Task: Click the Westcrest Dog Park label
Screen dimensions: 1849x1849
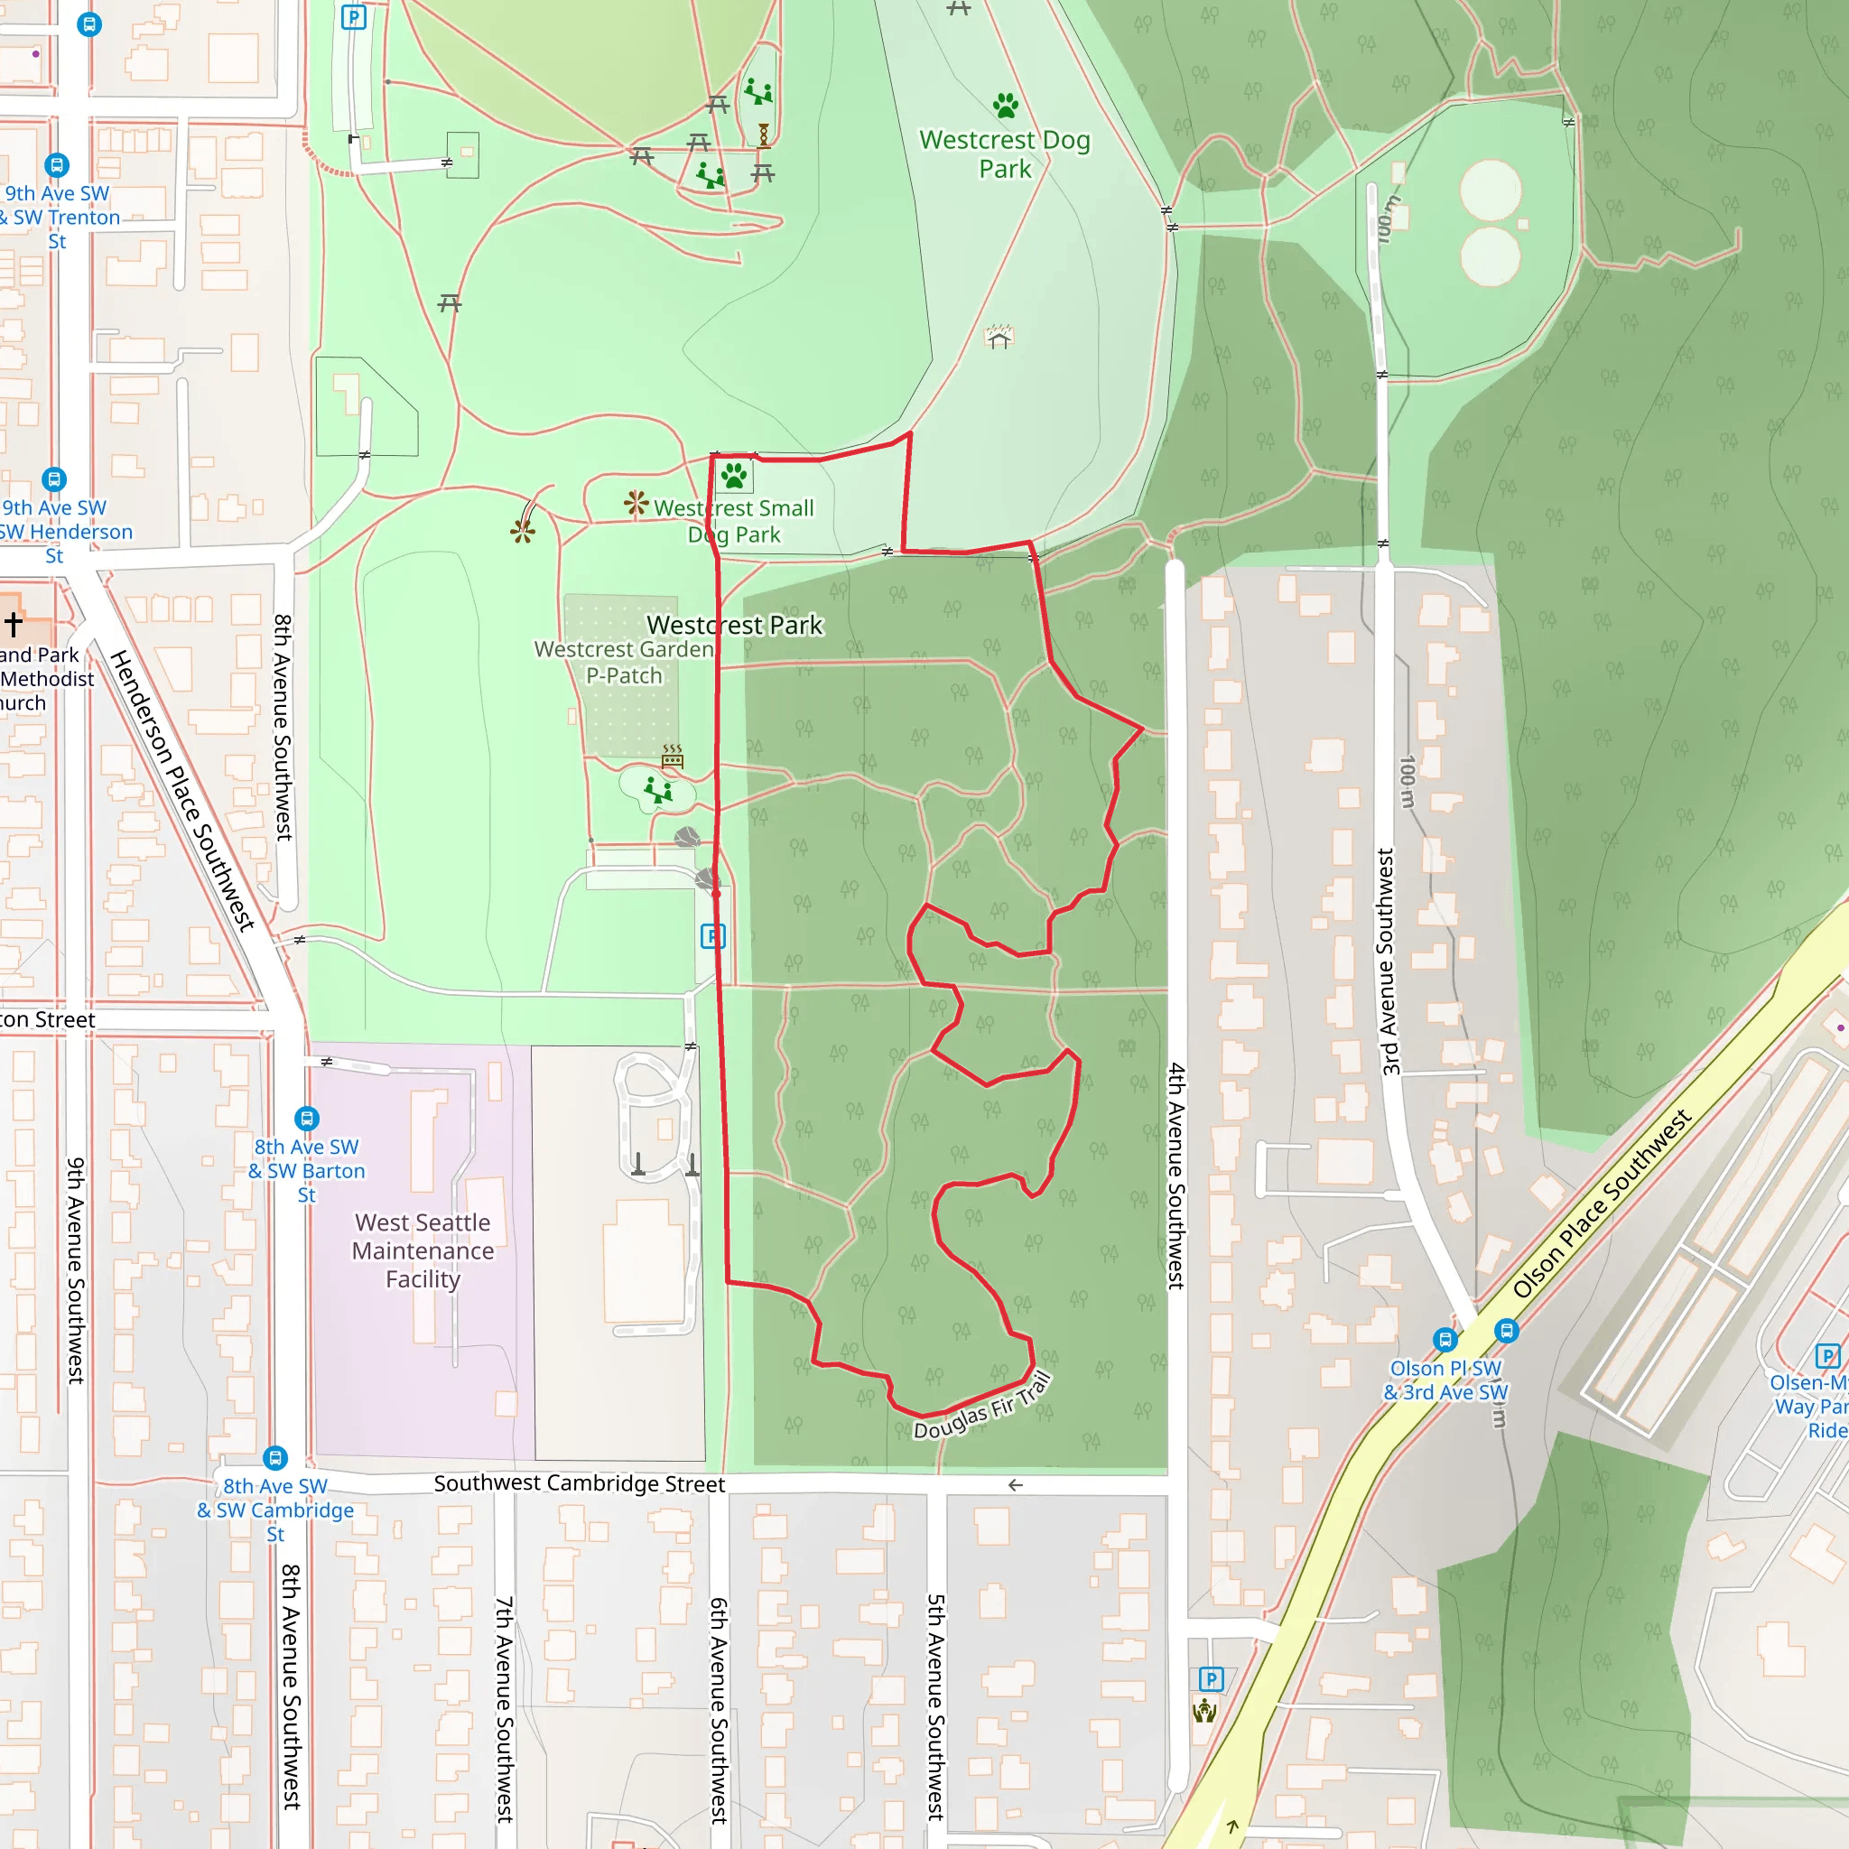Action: [x=1005, y=154]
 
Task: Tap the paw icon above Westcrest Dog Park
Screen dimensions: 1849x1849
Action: [x=1005, y=106]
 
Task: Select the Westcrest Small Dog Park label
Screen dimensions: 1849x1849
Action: [x=734, y=522]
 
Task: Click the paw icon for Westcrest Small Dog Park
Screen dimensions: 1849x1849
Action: [x=734, y=476]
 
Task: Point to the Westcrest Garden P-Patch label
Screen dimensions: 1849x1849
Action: [x=624, y=663]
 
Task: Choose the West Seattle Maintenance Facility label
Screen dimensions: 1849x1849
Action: [x=423, y=1250]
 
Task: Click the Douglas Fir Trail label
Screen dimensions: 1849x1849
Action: [x=983, y=1406]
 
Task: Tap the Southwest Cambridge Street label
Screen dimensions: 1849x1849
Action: [x=579, y=1483]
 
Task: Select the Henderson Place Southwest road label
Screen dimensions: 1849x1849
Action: [x=181, y=791]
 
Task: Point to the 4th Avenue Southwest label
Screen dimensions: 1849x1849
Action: [x=1176, y=1176]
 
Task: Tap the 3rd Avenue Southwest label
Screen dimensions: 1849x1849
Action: [x=1388, y=961]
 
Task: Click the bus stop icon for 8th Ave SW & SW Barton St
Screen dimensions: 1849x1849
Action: [x=306, y=1118]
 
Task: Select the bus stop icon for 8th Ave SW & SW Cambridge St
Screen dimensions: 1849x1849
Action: [x=275, y=1457]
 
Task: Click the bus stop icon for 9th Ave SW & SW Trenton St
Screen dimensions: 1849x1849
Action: [x=57, y=165]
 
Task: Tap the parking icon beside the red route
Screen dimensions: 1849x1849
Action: [x=713, y=936]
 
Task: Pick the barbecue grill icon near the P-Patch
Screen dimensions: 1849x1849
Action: [x=673, y=756]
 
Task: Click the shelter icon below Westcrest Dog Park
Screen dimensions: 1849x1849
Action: [x=999, y=337]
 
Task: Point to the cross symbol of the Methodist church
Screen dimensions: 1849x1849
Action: [x=14, y=625]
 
